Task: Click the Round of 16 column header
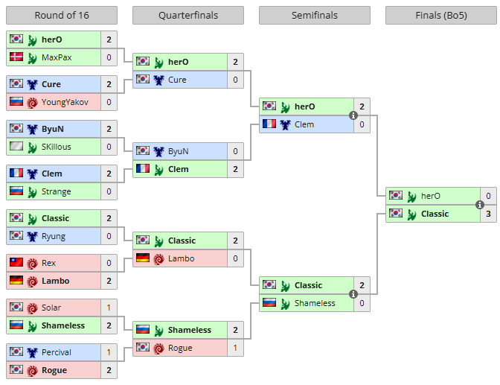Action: pos(61,16)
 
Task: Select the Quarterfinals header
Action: pos(187,16)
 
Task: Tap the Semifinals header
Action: pos(314,16)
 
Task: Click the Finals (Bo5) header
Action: pos(441,16)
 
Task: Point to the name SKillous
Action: pos(57,147)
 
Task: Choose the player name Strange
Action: pos(57,191)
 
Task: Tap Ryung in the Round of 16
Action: pos(54,236)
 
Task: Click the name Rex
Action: pos(49,263)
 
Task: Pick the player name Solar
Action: pos(51,308)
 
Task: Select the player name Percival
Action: pos(57,352)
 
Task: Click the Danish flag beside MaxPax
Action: pos(16,57)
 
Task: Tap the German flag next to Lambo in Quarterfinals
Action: pos(143,258)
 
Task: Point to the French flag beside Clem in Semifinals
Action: pos(269,124)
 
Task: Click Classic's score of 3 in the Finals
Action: pos(489,214)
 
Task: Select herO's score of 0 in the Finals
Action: pos(489,196)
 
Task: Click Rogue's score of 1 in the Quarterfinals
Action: pos(236,348)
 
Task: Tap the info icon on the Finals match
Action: pos(480,205)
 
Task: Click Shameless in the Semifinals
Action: pos(315,303)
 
